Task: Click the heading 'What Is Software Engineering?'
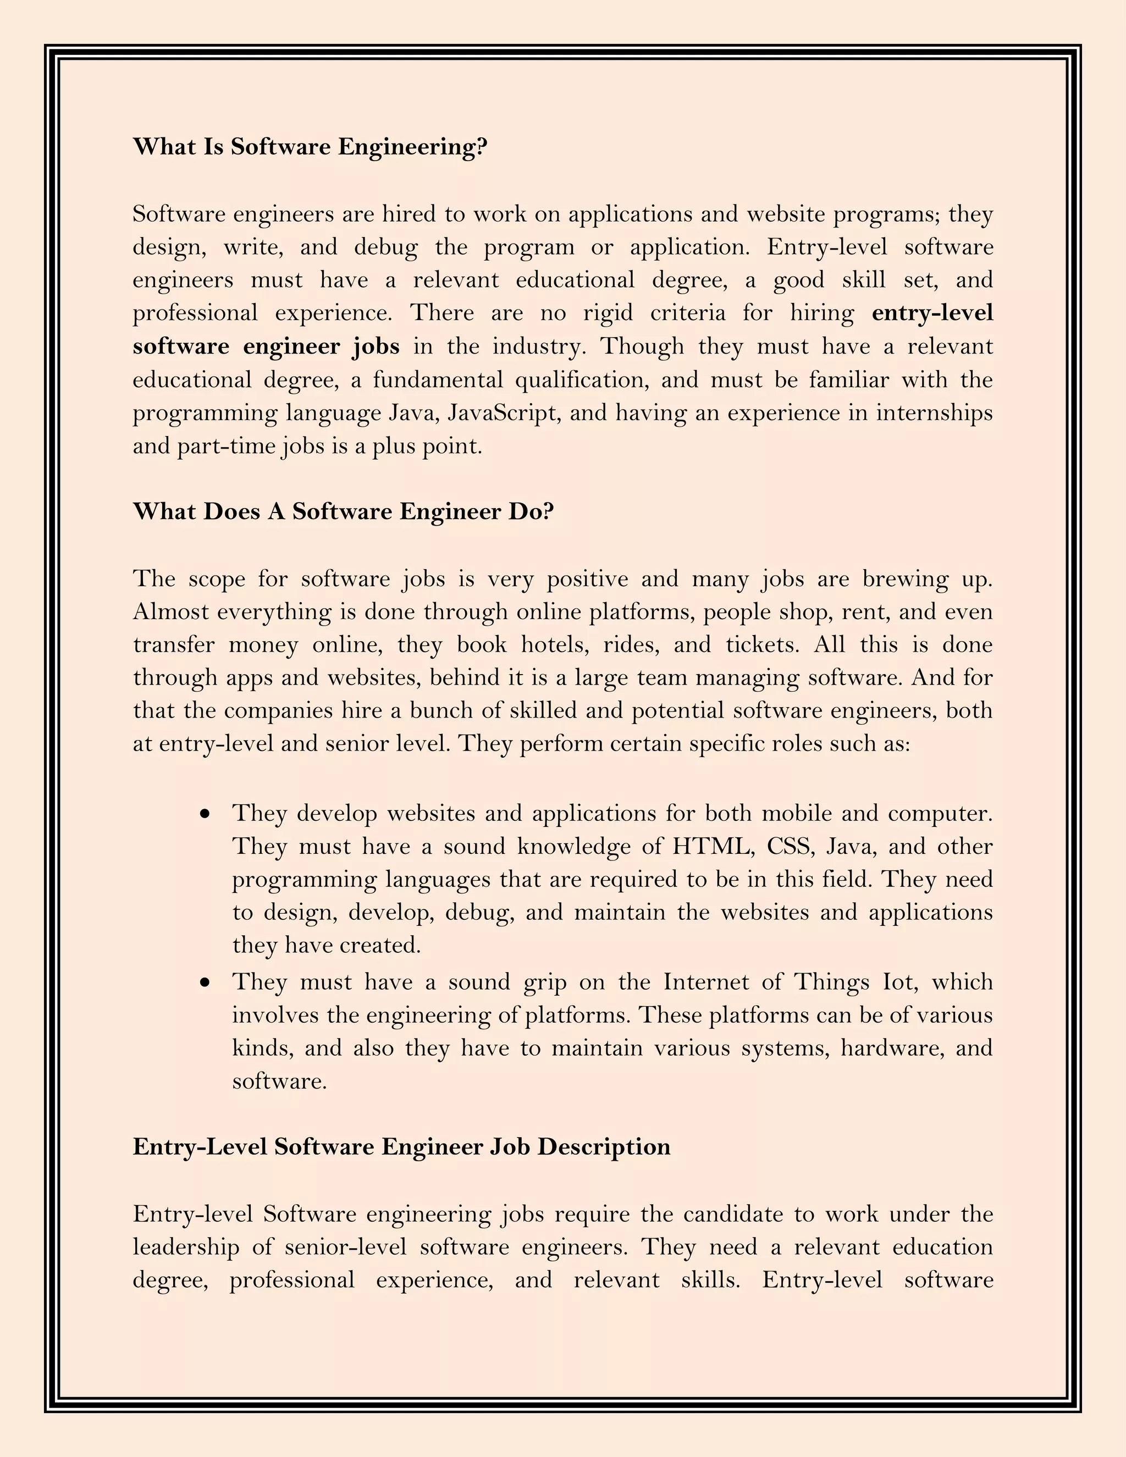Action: [x=310, y=147]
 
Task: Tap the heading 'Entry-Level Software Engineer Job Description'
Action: [x=401, y=1146]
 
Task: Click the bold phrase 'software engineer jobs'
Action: [x=266, y=346]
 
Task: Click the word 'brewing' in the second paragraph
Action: [x=905, y=578]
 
